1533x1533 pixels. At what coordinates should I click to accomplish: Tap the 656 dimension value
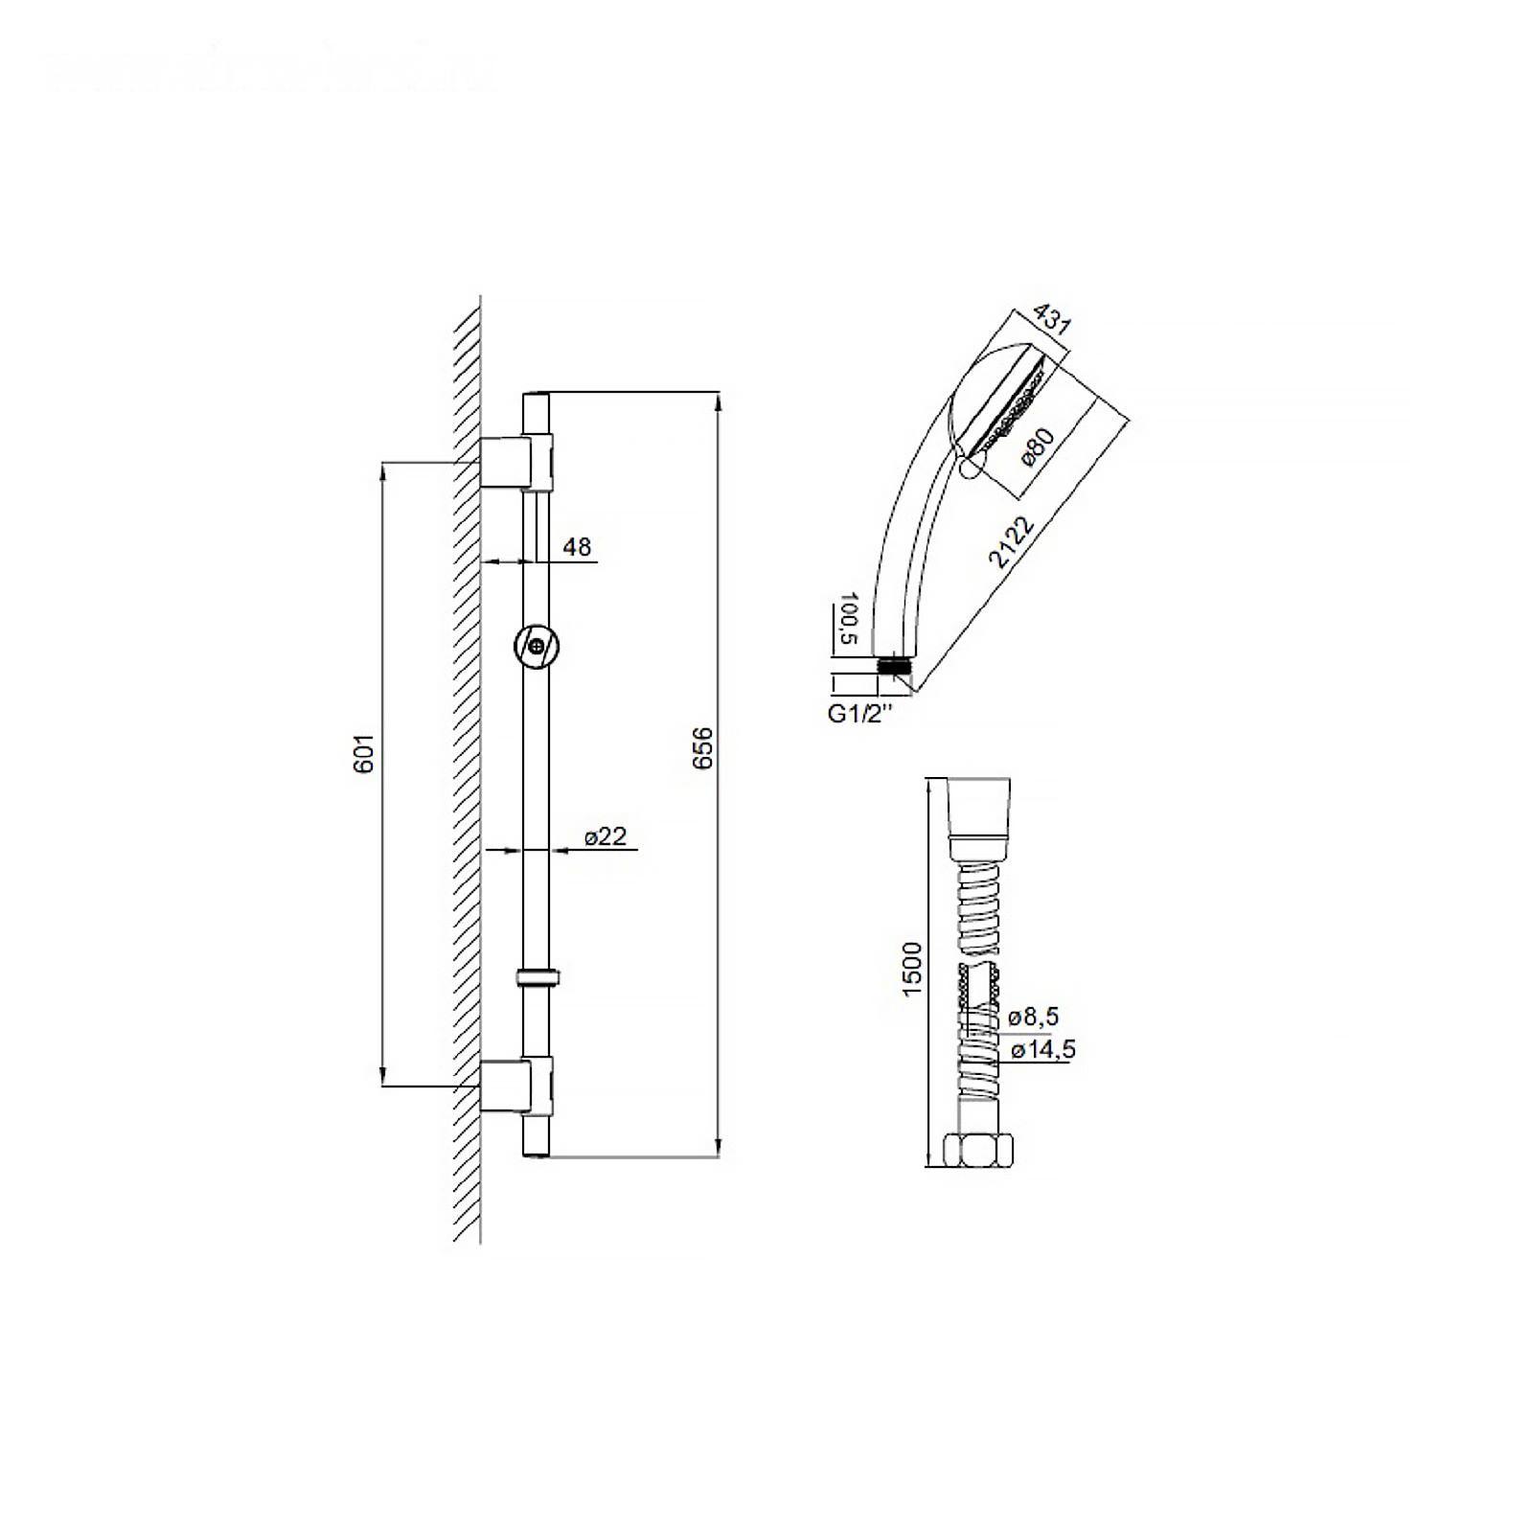[x=704, y=748]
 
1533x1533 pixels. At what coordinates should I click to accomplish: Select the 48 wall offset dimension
[x=577, y=547]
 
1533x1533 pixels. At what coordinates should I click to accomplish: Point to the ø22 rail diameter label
[x=606, y=836]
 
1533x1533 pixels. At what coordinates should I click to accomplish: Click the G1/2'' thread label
[x=859, y=713]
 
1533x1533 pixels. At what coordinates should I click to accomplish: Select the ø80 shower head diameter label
[x=1037, y=447]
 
